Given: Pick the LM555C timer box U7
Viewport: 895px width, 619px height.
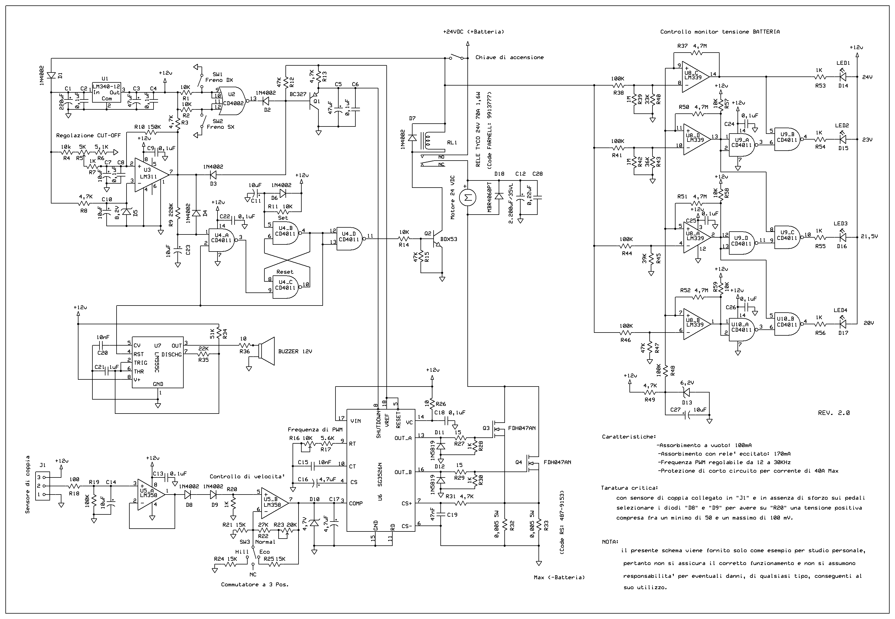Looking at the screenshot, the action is [x=158, y=362].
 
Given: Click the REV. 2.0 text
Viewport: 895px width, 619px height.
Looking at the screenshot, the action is [x=834, y=413].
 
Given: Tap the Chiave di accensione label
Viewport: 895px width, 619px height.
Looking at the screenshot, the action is [x=509, y=57].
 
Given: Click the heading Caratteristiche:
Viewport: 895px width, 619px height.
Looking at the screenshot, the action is [x=629, y=437].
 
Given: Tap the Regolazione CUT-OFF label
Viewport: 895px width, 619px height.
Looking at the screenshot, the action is [x=88, y=135].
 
